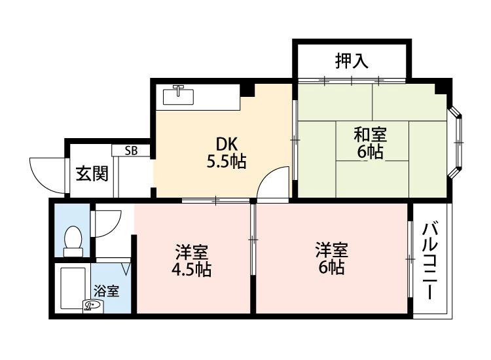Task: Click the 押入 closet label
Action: (352, 61)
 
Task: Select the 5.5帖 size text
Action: (226, 162)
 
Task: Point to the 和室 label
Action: (370, 135)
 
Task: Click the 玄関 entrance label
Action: (92, 174)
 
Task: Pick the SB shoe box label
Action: (131, 151)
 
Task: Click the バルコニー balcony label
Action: (429, 261)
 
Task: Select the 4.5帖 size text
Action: (191, 269)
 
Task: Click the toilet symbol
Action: (73, 240)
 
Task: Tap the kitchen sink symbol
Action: (177, 96)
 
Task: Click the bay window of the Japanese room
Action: (458, 141)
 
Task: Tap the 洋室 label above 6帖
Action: (331, 249)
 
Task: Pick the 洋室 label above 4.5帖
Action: (191, 251)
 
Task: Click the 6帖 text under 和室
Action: (370, 153)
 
